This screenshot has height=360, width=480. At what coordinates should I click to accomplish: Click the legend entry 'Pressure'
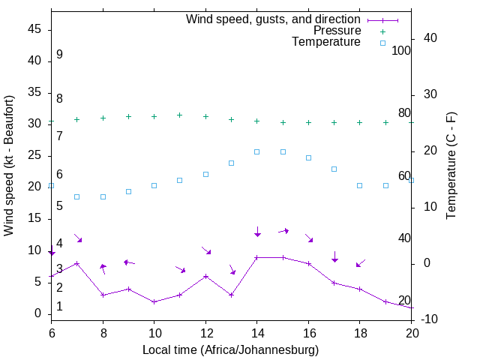point(337,31)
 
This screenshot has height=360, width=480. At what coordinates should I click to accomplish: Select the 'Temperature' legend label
point(326,42)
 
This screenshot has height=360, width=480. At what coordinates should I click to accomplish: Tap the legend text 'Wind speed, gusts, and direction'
point(274,19)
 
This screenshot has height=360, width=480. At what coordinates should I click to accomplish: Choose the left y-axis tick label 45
point(34,28)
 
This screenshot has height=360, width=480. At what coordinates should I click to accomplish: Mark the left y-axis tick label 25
point(34,155)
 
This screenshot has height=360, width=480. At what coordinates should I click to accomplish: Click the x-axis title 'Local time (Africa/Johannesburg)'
point(231,349)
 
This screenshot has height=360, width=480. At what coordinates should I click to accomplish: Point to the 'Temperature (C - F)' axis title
point(451,166)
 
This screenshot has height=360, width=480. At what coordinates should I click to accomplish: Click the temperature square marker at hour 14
point(256,151)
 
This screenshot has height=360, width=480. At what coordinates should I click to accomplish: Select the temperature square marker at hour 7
point(76,196)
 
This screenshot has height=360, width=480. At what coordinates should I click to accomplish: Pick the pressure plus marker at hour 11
point(180,115)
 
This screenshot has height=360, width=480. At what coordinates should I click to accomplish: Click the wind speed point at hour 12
point(205,276)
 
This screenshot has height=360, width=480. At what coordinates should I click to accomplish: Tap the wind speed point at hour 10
point(154,301)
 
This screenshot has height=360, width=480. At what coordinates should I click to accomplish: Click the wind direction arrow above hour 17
point(334,256)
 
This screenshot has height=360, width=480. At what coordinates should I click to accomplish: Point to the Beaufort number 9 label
point(59,55)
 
